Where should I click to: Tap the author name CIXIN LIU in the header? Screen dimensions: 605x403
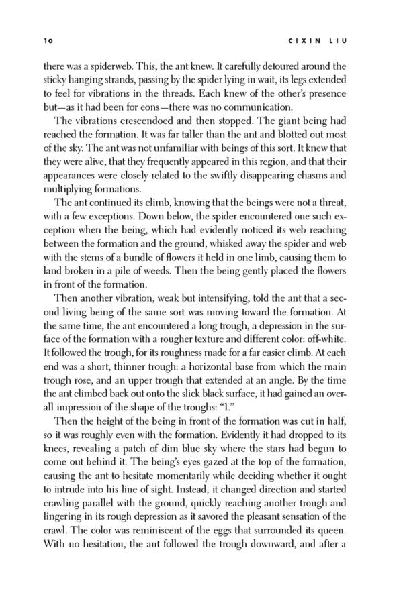click(321, 40)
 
